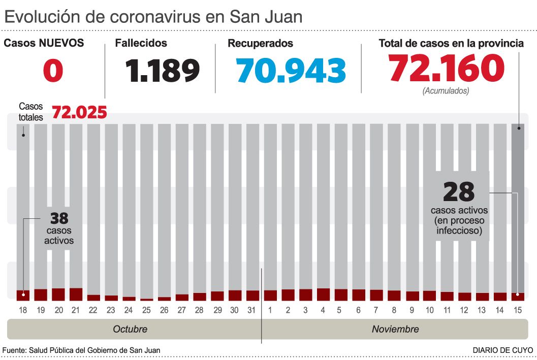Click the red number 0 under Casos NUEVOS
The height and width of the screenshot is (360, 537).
pyautogui.click(x=53, y=71)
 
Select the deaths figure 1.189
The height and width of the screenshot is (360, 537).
pyautogui.click(x=163, y=71)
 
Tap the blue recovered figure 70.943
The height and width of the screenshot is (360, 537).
pyautogui.click(x=291, y=71)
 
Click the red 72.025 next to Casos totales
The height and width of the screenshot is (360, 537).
pyautogui.click(x=79, y=112)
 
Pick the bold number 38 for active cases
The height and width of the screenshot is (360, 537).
pyautogui.click(x=59, y=219)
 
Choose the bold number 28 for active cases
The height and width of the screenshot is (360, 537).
pyautogui.click(x=458, y=192)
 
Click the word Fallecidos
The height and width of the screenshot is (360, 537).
pyautogui.click(x=141, y=44)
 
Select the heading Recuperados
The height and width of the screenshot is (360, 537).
pyautogui.click(x=260, y=44)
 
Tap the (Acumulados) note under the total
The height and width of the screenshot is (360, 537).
pyautogui.click(x=446, y=91)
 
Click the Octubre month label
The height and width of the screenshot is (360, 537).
pyautogui.click(x=130, y=329)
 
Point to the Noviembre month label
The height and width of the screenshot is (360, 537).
pyautogui.click(x=395, y=329)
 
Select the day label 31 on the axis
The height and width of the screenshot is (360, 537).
pyautogui.click(x=252, y=309)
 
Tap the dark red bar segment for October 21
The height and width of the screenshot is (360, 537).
pyautogui.click(x=76, y=294)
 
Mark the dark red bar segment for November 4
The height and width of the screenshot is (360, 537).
pyautogui.click(x=323, y=294)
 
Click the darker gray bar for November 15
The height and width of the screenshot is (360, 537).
pyautogui.click(x=518, y=203)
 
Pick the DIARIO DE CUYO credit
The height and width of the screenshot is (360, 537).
pyautogui.click(x=502, y=350)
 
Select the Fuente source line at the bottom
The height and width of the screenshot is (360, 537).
pyautogui.click(x=81, y=350)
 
